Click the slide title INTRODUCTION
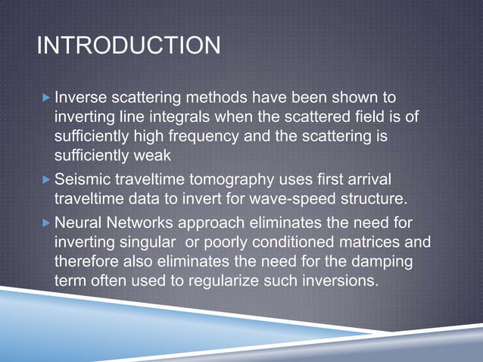(129, 46)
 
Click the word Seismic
(82, 180)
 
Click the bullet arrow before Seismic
(47, 180)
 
